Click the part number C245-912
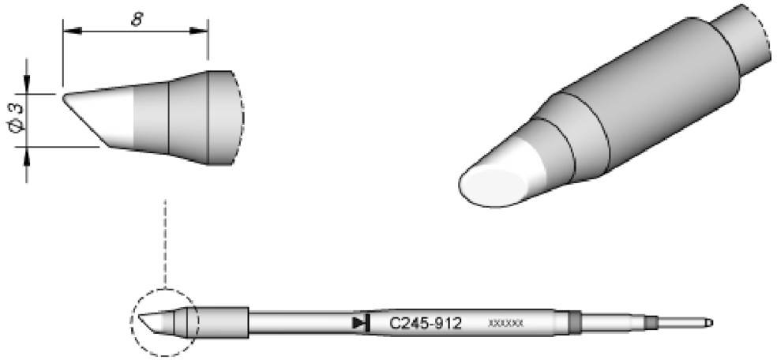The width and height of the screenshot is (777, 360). coord(426,323)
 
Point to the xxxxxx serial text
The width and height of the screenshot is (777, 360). coord(506,324)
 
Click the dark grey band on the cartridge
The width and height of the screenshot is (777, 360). coord(574,322)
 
